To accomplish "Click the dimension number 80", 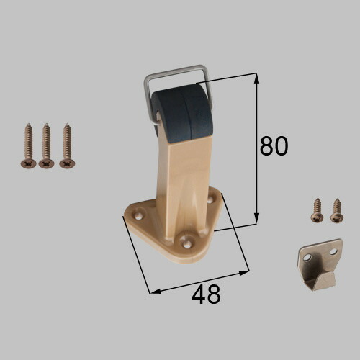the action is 274,146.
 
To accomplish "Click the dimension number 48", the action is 206,294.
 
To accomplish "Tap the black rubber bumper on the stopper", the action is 182,114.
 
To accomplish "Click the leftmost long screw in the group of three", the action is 28,146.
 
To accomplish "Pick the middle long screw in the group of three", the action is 46,146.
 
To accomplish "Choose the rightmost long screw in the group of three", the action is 67,146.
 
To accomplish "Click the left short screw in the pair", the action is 317,210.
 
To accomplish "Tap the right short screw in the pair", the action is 337,210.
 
